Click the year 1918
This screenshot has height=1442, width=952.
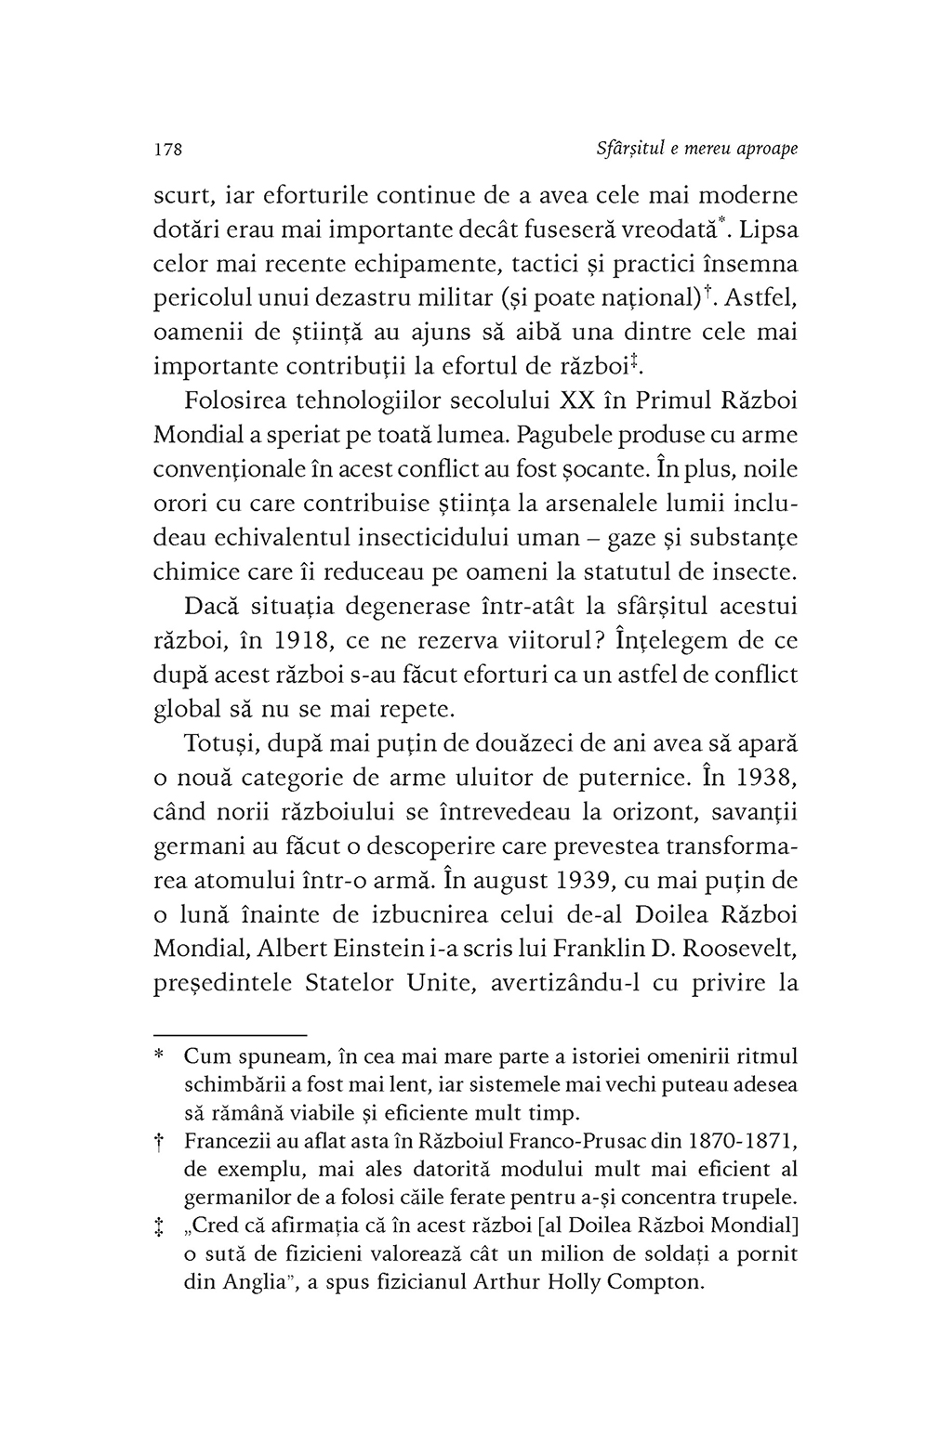click(x=310, y=641)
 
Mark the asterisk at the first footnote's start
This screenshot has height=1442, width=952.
click(x=159, y=1057)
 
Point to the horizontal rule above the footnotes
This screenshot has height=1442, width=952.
click(x=229, y=1034)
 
